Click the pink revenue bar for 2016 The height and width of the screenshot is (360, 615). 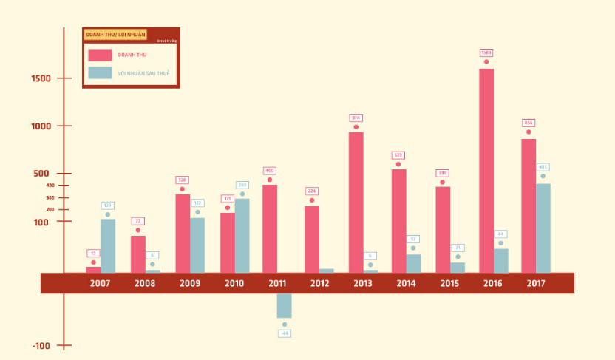[486, 170]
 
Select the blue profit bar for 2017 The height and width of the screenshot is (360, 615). [543, 228]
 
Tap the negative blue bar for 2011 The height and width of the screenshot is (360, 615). [284, 305]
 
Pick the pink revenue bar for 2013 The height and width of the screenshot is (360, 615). [356, 202]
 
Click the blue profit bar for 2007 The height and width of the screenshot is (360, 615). [108, 245]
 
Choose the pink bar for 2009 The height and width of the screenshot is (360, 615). [183, 233]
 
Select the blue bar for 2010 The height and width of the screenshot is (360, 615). [242, 235]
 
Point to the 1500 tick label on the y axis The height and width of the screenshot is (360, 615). [41, 78]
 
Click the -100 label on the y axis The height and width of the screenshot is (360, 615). [41, 345]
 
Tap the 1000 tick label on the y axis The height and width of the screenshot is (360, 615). [41, 126]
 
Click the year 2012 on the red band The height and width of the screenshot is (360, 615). [319, 283]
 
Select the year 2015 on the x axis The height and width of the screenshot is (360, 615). [449, 283]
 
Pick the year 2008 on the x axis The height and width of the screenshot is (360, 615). [146, 283]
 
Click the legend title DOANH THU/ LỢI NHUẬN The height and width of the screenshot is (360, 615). [115, 35]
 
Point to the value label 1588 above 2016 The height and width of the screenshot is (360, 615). [486, 52]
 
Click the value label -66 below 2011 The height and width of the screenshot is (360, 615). [285, 333]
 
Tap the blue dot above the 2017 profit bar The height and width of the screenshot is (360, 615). [543, 176]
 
